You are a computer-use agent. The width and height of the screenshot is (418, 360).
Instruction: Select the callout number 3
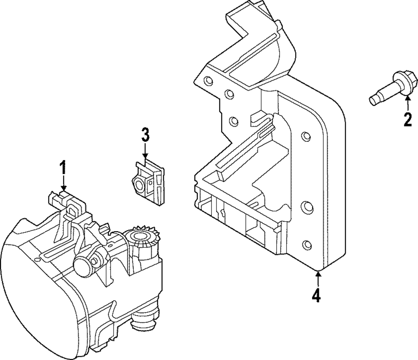145,135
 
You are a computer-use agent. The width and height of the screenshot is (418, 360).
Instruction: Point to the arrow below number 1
63,184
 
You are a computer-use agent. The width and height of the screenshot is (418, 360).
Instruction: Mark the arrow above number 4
318,278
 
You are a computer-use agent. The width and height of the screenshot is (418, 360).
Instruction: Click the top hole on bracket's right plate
306,136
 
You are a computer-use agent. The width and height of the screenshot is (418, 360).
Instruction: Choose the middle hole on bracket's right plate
306,207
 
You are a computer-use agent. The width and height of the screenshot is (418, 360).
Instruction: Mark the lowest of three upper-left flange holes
234,122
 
